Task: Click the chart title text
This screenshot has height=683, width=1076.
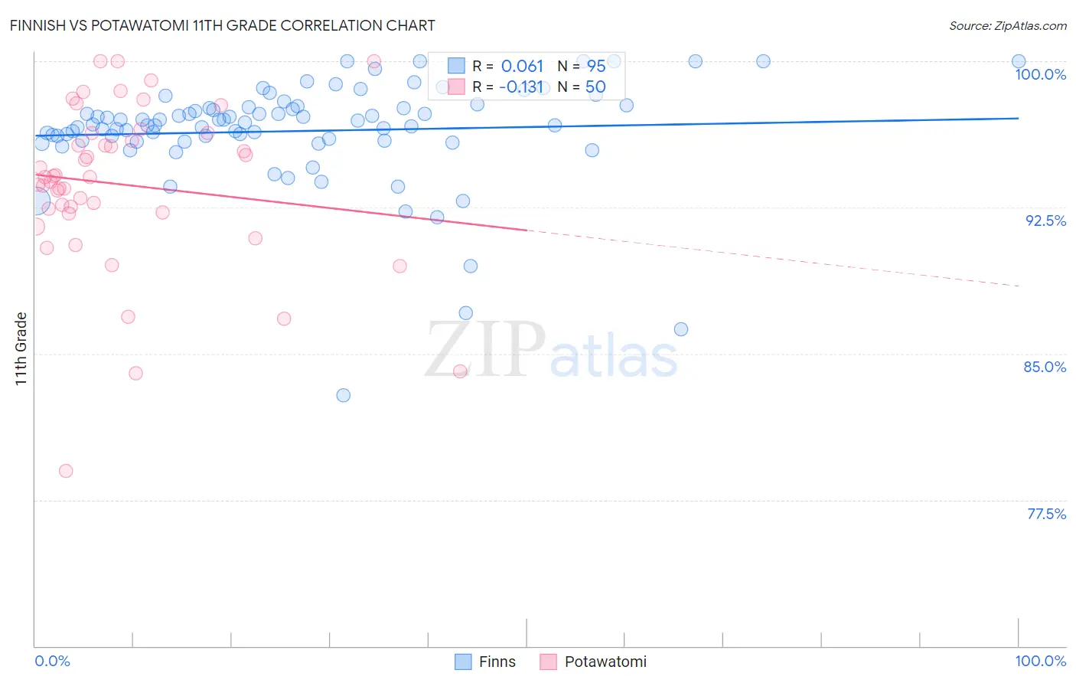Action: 222,25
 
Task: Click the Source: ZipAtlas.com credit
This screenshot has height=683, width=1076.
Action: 1007,25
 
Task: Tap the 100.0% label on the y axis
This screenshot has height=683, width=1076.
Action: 1040,74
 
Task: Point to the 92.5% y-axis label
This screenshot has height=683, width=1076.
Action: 1045,221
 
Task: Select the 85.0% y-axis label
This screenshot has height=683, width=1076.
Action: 1045,367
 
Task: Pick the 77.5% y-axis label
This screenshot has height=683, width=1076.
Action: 1046,514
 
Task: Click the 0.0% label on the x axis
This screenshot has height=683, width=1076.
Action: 52,661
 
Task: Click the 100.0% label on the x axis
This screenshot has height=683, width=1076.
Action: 1040,661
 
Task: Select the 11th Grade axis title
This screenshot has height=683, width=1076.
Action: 21,348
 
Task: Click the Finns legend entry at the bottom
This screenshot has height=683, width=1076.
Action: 486,662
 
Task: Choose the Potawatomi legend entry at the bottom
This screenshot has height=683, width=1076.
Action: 594,662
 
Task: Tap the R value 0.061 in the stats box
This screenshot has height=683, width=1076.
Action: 522,67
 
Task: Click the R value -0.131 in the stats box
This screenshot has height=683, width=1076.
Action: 520,87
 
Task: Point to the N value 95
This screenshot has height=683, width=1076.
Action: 595,67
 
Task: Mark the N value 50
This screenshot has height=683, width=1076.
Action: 595,87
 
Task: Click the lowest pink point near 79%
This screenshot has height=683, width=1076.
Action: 66,471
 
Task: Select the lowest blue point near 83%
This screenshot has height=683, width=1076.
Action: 344,395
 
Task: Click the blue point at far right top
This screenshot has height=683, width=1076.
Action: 1019,61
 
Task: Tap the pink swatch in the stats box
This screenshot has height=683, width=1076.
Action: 456,87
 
